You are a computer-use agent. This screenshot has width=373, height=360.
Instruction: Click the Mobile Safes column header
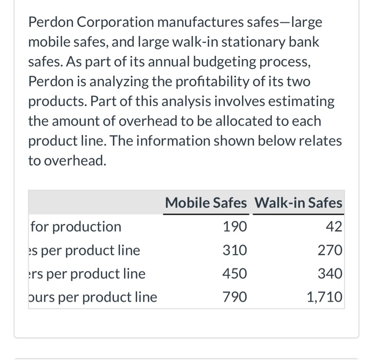click(206, 203)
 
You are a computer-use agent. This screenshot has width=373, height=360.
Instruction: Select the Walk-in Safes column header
click(298, 203)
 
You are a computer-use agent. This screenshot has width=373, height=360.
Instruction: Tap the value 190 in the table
click(235, 227)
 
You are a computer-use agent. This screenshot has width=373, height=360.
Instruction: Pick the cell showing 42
click(334, 227)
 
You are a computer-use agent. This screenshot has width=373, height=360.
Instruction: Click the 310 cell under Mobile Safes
click(235, 250)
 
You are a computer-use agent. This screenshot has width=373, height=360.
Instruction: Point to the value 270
click(330, 250)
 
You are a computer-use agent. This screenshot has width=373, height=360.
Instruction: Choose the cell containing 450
click(235, 274)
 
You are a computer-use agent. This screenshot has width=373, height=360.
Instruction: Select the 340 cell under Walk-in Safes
click(330, 274)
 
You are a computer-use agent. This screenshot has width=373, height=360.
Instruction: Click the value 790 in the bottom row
click(235, 297)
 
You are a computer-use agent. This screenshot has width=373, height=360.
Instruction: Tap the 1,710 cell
click(325, 297)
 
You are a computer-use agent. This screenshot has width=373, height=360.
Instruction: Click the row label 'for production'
click(76, 227)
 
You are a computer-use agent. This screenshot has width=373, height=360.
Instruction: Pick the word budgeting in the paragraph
click(207, 62)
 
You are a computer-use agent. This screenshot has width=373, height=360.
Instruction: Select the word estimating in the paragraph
click(302, 101)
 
